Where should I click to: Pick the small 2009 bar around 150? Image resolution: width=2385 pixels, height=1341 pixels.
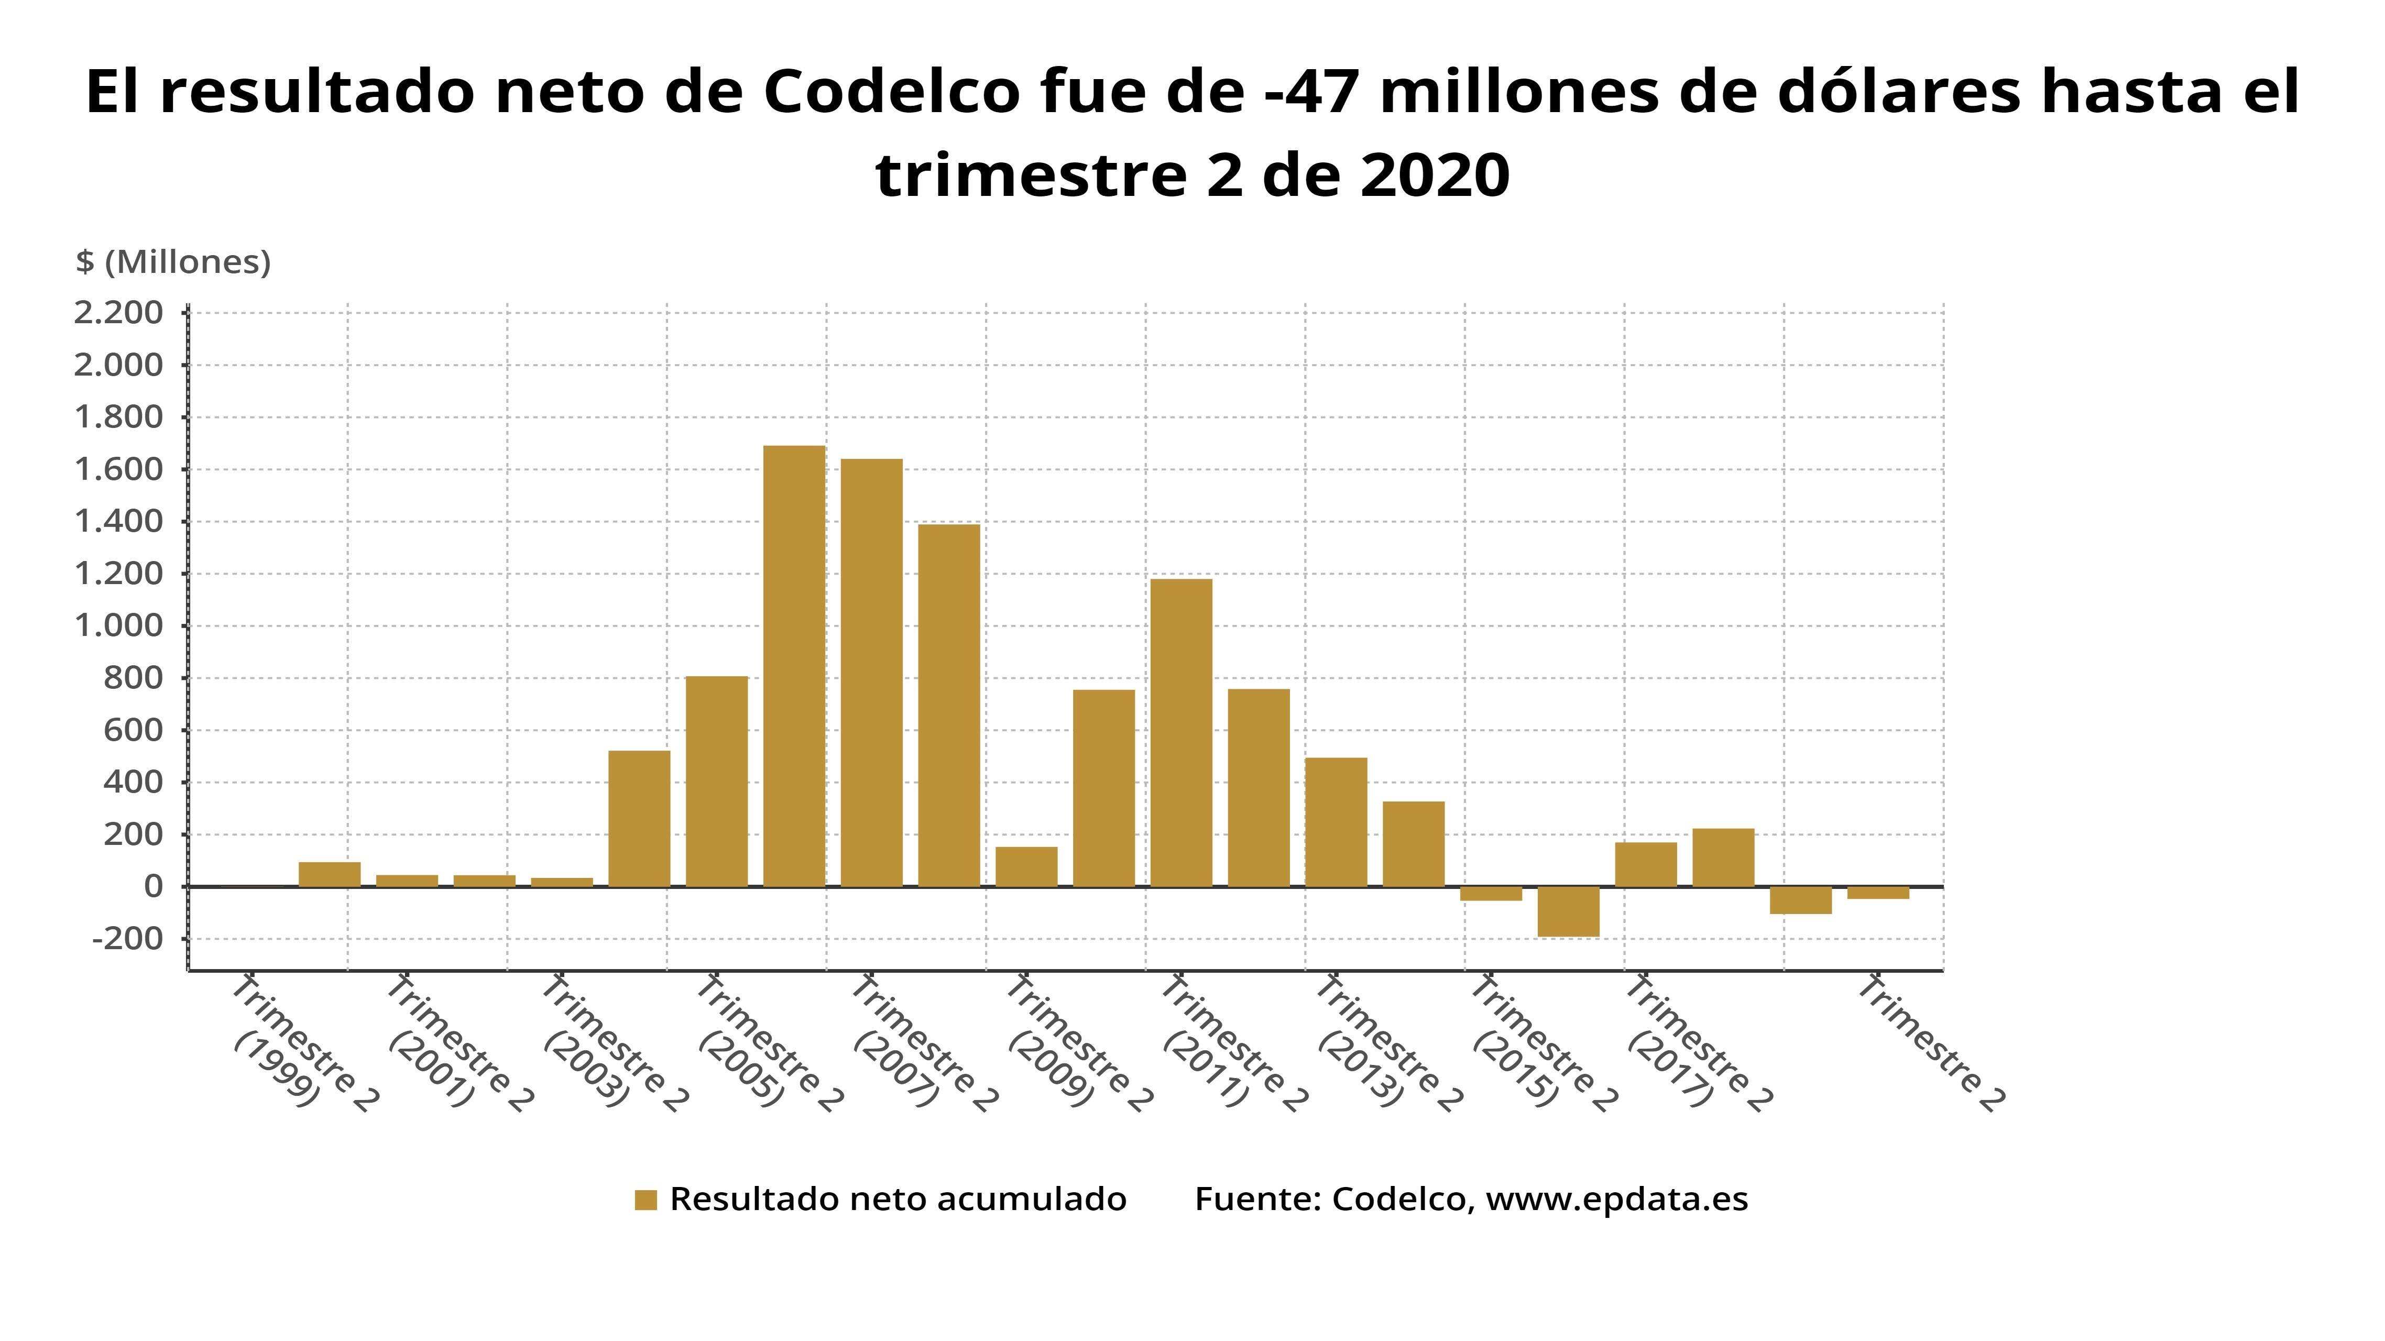point(1026,866)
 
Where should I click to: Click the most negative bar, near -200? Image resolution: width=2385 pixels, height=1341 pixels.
point(1568,911)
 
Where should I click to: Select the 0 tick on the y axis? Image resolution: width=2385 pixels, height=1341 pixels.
point(153,887)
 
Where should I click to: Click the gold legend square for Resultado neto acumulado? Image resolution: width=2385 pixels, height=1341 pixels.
point(646,1200)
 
